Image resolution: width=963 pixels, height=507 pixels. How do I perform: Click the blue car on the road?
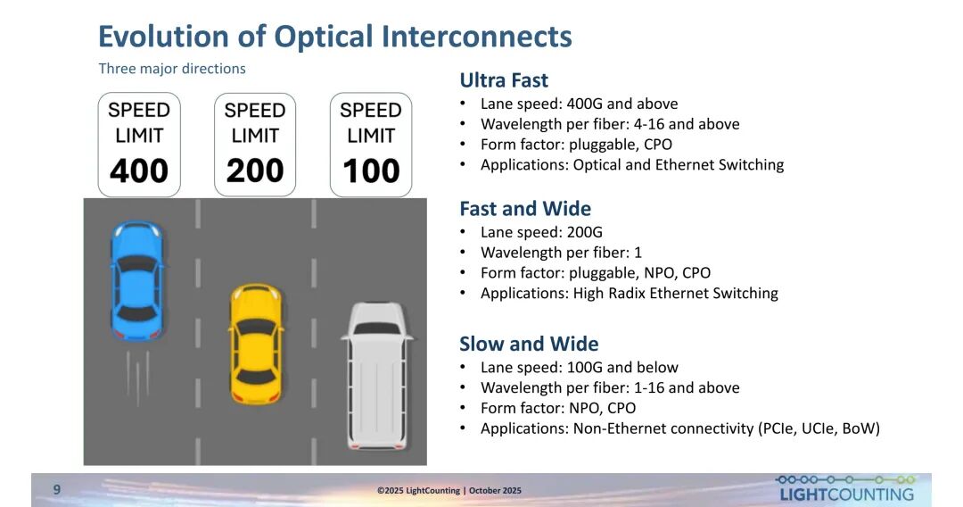137,281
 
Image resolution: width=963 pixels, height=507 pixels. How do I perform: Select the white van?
377,376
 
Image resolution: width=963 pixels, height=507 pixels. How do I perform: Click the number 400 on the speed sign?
139,170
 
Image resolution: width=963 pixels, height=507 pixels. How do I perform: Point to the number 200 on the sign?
255,170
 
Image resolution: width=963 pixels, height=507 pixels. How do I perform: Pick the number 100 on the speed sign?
371,170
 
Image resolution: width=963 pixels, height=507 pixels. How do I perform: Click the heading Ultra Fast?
504,80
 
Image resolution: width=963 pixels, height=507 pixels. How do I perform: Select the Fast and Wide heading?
525,208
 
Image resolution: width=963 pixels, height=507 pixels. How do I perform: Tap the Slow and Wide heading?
529,344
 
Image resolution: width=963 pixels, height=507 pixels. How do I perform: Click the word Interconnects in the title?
476,37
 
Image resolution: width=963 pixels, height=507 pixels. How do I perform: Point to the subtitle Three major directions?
172,68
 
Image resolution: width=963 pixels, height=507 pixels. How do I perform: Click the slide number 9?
57,489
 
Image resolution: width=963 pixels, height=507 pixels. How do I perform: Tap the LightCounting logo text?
846,495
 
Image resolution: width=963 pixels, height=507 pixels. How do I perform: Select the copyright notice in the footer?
449,490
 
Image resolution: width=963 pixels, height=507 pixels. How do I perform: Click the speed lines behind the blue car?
137,378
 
